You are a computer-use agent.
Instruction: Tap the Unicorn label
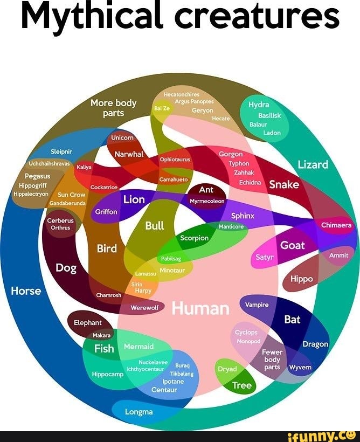[122, 138]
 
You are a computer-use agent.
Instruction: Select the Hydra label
[259, 105]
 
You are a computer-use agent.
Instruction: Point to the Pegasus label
[37, 176]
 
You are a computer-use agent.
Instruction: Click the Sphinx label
[243, 216]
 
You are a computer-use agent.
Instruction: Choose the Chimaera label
[336, 225]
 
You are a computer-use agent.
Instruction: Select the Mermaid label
[139, 347]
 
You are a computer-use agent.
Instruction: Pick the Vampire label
[257, 305]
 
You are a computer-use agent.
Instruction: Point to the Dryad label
[227, 369]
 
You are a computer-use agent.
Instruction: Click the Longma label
[139, 412]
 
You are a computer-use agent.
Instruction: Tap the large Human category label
[200, 308]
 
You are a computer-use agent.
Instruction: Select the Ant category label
[206, 190]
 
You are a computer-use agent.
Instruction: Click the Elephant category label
[88, 322]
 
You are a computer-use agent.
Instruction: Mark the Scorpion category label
[194, 238]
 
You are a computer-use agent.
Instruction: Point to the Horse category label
[26, 291]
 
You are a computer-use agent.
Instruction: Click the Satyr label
[265, 258]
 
